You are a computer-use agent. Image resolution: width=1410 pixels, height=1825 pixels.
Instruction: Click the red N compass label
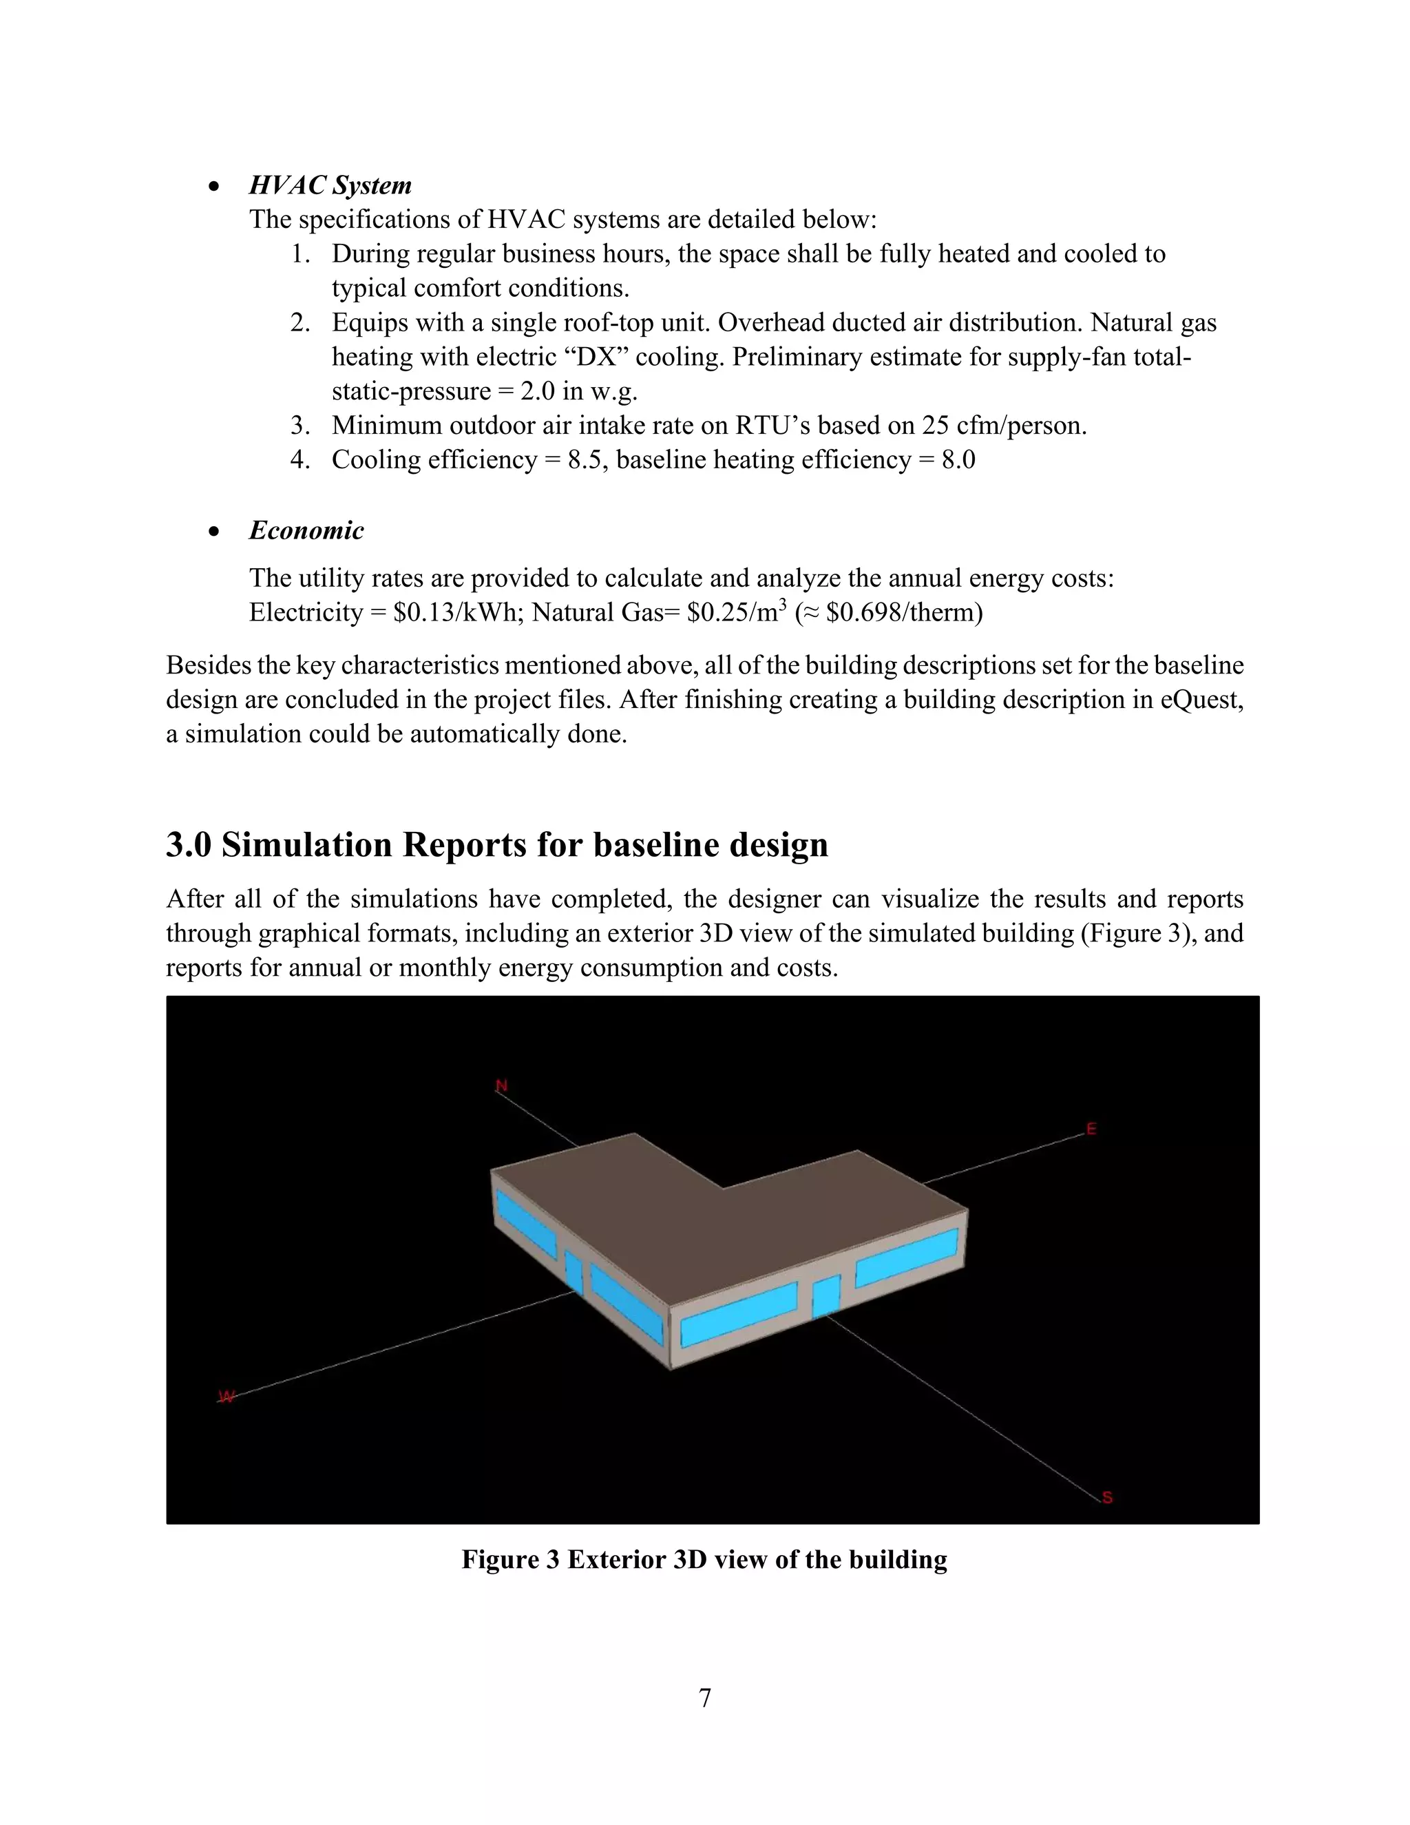click(x=502, y=1085)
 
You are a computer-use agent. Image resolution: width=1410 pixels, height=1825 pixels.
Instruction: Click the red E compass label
click(x=1091, y=1129)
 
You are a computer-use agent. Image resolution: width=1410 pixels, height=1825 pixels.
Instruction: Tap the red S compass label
click(x=1107, y=1497)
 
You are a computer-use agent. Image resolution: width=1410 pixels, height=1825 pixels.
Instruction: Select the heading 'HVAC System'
click(x=330, y=185)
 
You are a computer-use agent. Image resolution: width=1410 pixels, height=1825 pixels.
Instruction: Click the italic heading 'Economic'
click(x=306, y=530)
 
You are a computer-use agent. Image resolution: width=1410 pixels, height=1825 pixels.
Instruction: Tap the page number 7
click(x=704, y=1698)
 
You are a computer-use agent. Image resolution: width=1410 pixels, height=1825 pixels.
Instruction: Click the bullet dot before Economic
click(x=215, y=532)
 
